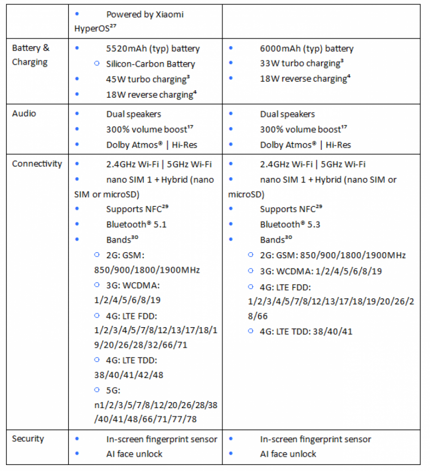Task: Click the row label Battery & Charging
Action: click(x=31, y=55)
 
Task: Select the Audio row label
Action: click(x=24, y=114)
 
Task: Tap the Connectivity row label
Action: click(x=37, y=164)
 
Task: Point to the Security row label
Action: click(x=28, y=439)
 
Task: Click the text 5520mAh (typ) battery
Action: click(x=153, y=49)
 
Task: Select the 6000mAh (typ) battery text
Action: click(x=307, y=49)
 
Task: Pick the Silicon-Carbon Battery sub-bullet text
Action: click(x=150, y=64)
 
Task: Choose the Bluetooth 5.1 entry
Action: click(x=136, y=224)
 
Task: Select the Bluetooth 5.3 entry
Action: click(x=290, y=224)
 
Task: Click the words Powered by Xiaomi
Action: click(x=145, y=14)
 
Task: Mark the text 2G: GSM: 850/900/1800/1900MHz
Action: click(x=332, y=255)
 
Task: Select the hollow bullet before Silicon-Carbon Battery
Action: click(x=97, y=64)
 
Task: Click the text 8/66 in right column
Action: click(x=258, y=316)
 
